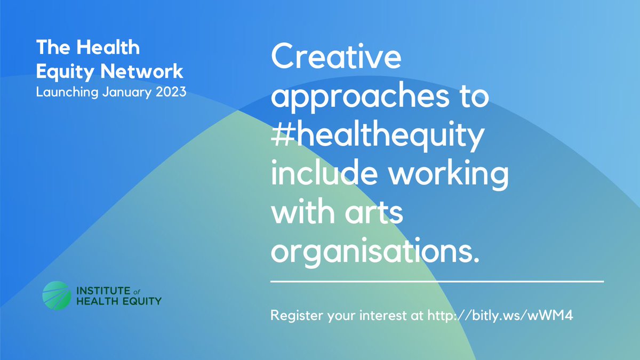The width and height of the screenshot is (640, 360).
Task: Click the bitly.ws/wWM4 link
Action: [499, 315]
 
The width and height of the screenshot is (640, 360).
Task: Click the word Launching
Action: [67, 92]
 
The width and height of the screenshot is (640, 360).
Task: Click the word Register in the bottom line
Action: [294, 315]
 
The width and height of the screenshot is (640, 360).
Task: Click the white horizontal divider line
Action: [437, 281]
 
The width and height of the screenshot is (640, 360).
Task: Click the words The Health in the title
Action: [88, 48]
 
